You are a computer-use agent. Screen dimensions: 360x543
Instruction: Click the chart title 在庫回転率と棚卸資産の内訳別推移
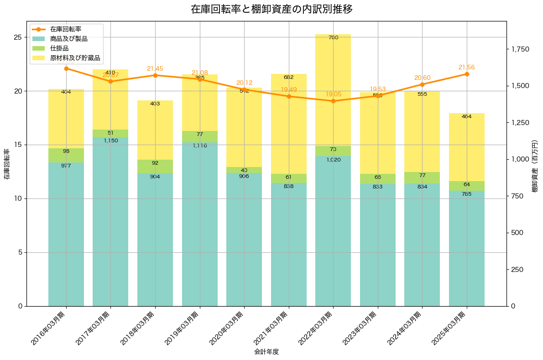click(271, 9)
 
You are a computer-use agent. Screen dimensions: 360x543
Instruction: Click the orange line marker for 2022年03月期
click(333, 101)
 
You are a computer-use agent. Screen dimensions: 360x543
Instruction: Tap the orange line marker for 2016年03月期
click(66, 68)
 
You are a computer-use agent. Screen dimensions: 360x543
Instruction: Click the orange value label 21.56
click(466, 68)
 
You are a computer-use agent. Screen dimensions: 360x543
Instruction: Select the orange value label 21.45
click(155, 69)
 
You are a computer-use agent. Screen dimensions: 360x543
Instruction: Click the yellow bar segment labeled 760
click(333, 91)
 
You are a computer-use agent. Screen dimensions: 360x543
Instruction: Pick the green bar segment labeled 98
click(66, 155)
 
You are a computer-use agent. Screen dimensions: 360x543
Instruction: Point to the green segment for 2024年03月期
click(422, 177)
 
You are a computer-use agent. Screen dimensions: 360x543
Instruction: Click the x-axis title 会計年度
click(266, 352)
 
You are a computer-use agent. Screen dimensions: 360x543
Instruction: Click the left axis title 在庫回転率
click(7, 164)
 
